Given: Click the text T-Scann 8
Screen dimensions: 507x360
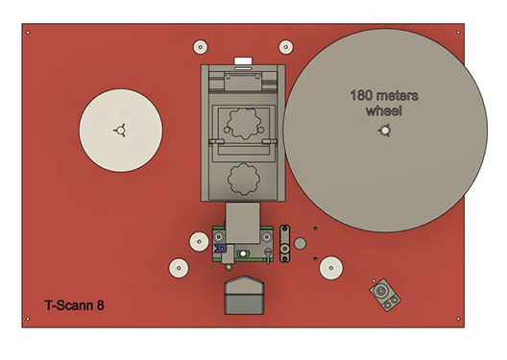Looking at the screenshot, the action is [x=74, y=305].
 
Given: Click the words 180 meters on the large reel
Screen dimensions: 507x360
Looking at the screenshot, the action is [x=384, y=96].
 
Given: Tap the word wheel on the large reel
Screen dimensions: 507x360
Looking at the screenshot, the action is [x=384, y=110].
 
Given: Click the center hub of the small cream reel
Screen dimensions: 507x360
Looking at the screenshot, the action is [x=121, y=131].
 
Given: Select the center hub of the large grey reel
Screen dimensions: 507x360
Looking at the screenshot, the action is [x=385, y=131].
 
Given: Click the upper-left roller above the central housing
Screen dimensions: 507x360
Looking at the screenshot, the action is [x=201, y=47].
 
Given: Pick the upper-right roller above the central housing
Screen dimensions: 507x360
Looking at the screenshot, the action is [x=286, y=47].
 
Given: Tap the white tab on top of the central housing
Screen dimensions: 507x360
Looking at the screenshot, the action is [x=243, y=61].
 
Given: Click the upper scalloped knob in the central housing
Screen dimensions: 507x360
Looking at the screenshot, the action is [x=244, y=124].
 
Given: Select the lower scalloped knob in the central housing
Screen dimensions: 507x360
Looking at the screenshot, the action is [x=244, y=179].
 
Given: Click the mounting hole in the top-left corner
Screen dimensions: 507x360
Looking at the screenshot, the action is [x=28, y=33].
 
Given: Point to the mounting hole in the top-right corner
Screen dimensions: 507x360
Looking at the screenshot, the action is [x=458, y=33].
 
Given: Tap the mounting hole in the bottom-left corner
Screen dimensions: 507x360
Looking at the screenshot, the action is [x=28, y=319].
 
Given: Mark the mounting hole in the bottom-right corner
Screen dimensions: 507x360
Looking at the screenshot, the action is [x=458, y=319].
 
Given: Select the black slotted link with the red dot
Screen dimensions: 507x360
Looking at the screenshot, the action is [x=284, y=244].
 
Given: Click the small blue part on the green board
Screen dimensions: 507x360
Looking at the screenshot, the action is [x=221, y=248].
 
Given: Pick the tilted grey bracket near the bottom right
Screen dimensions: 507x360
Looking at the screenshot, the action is [x=385, y=295].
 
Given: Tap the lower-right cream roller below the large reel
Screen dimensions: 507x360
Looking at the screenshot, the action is [x=331, y=268].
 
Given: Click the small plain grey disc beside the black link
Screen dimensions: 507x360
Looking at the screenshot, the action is [x=300, y=244].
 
